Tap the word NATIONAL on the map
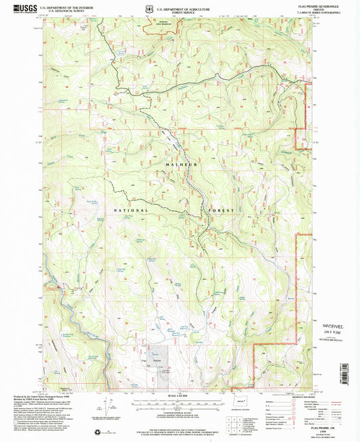point(126,210)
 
